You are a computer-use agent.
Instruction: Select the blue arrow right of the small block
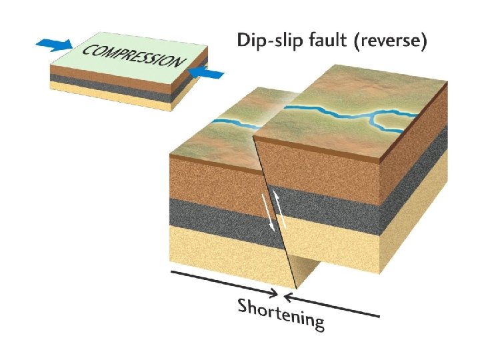coord(206,74)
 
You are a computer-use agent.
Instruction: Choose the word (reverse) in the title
coord(390,41)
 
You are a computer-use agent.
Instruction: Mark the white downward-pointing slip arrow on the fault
coord(267,211)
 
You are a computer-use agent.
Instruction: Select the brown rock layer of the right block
coord(320,167)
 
